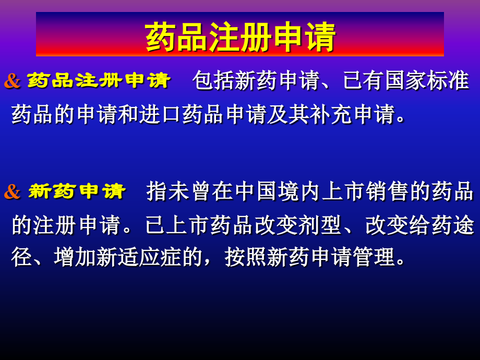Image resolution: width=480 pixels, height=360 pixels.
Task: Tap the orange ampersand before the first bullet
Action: [12, 81]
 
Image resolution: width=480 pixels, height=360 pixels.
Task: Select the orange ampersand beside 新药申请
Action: [12, 191]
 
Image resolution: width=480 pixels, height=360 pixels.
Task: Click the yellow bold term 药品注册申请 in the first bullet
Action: [99, 81]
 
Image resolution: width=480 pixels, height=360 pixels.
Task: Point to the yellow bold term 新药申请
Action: [77, 191]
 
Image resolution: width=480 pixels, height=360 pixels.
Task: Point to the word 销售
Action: [388, 191]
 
